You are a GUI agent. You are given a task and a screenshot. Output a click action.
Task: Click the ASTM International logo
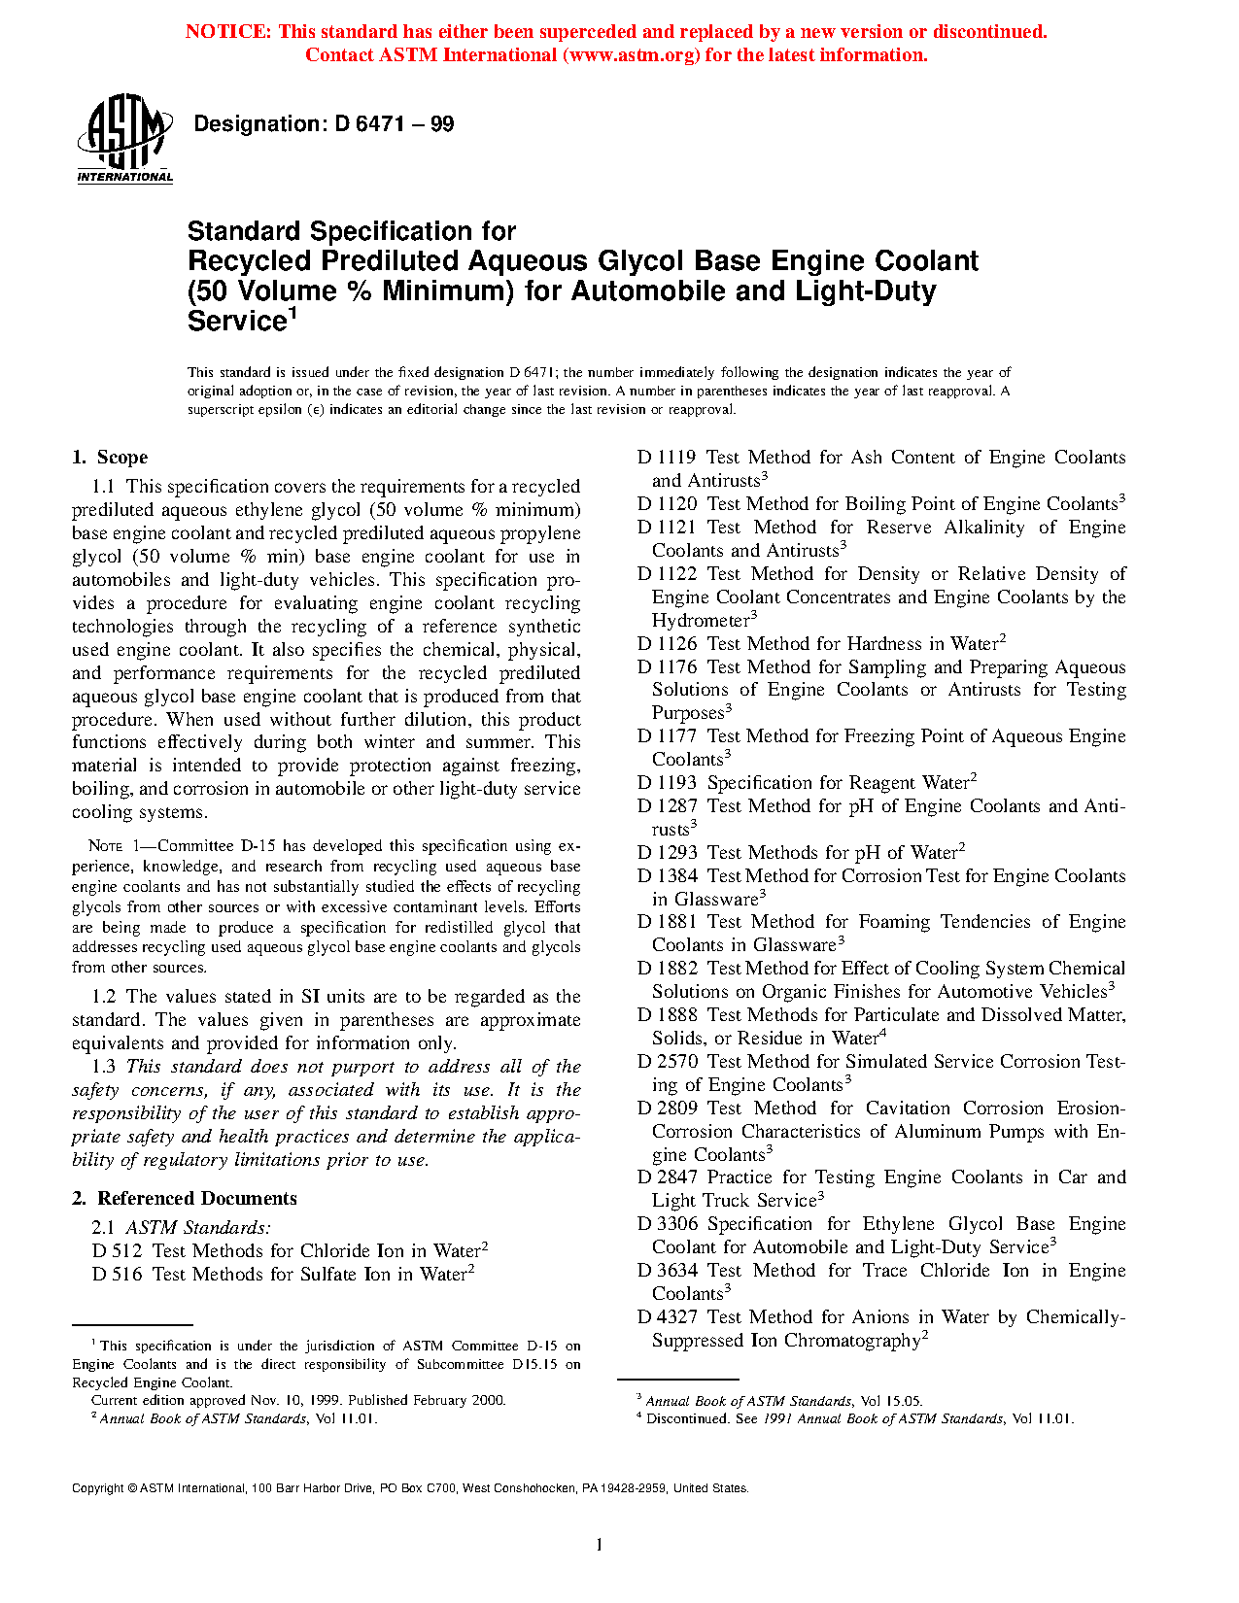click(x=124, y=138)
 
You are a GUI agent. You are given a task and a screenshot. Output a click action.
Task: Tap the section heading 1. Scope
click(x=110, y=458)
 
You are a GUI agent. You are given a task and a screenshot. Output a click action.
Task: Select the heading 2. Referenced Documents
click(x=184, y=1199)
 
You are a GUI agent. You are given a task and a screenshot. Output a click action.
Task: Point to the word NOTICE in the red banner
click(x=227, y=32)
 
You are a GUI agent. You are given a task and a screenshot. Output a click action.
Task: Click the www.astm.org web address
click(x=631, y=55)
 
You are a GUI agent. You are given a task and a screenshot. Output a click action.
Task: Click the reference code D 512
click(x=117, y=1251)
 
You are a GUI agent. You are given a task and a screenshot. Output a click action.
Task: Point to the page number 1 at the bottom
click(x=600, y=1545)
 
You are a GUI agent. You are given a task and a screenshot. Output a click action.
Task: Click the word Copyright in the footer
click(x=97, y=1488)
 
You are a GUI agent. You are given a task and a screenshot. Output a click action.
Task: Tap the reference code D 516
click(x=117, y=1275)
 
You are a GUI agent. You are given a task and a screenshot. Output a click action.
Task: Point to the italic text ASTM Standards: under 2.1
click(x=198, y=1228)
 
